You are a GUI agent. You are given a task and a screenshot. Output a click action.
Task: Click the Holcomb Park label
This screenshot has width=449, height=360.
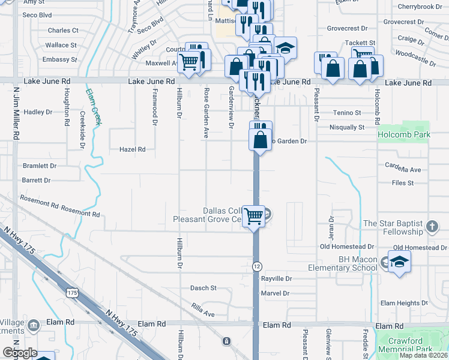click(x=403, y=134)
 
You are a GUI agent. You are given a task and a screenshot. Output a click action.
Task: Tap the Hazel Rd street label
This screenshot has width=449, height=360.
click(x=133, y=149)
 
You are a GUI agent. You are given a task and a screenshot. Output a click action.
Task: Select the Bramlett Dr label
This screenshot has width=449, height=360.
click(x=39, y=166)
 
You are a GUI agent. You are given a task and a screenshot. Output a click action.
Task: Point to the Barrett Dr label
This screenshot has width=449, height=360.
click(x=36, y=180)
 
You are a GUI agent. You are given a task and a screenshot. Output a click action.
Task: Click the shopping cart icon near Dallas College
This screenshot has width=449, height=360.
click(x=254, y=215)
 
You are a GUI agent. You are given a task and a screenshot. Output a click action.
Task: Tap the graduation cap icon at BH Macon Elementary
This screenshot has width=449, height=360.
click(x=399, y=262)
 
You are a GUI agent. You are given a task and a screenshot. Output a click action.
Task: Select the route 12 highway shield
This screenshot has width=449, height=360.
click(x=256, y=266)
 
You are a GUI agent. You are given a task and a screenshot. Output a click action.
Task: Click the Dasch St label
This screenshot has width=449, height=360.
click(x=203, y=288)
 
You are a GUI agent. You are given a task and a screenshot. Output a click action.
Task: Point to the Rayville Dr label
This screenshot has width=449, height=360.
click(x=276, y=279)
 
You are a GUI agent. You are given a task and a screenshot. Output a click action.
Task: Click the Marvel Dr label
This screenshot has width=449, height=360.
click(x=276, y=293)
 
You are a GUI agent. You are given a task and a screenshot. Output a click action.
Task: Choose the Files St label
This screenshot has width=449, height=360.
click(x=403, y=183)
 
